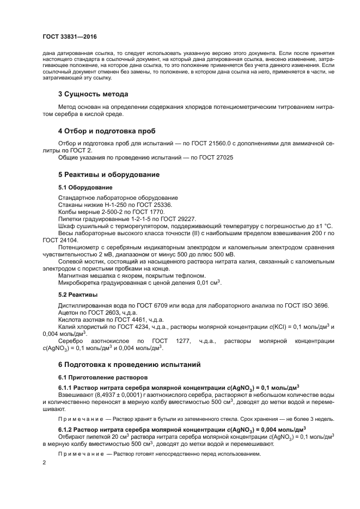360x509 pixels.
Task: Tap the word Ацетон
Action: point(68,312)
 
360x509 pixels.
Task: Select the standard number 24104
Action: point(69,240)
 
